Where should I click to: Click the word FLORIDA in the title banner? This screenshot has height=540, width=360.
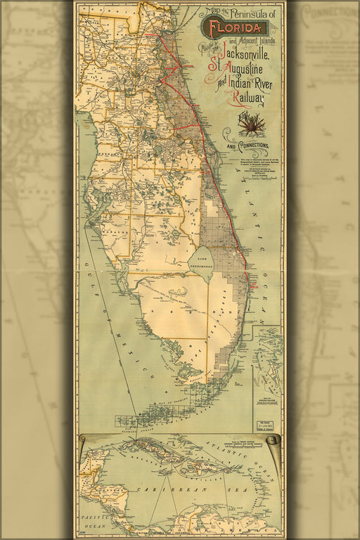click(x=233, y=28)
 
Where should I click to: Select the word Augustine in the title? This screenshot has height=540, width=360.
click(x=247, y=72)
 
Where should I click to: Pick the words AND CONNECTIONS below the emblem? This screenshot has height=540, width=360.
click(x=247, y=146)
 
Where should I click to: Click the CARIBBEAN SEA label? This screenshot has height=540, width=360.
click(x=171, y=487)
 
